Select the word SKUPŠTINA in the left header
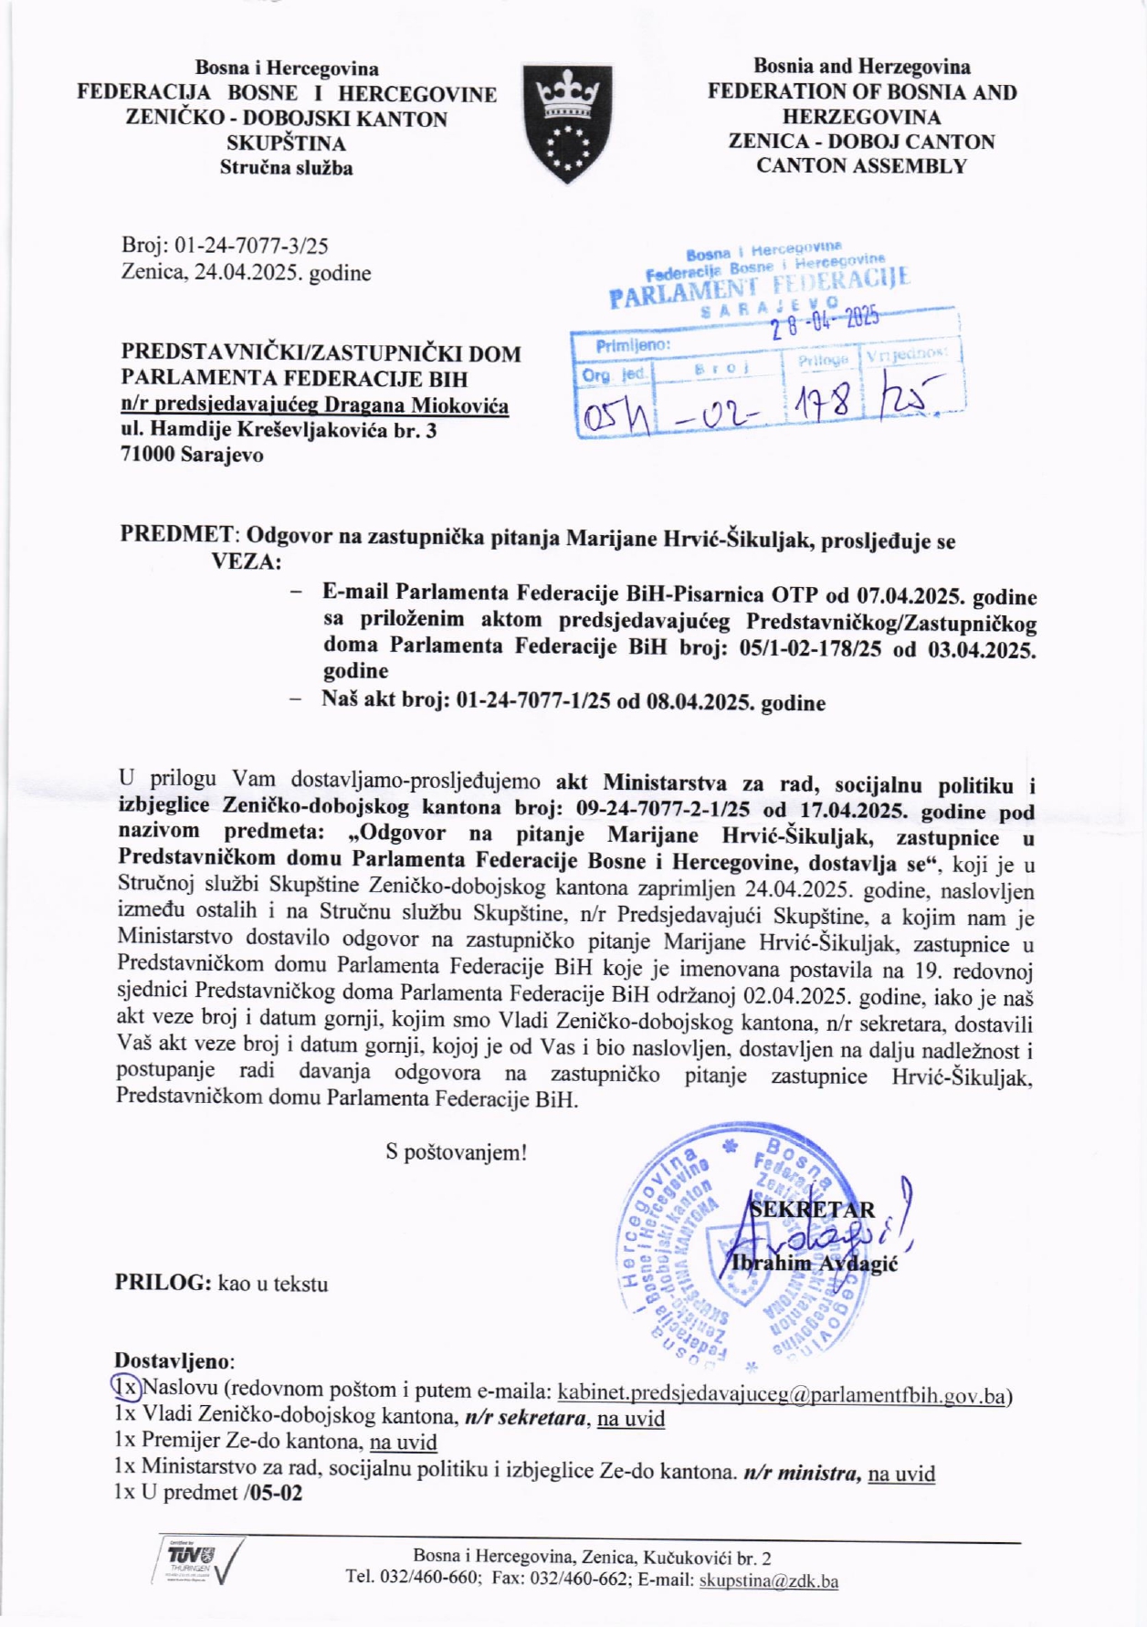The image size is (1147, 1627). point(287,143)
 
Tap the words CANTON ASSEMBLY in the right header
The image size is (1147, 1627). point(861,166)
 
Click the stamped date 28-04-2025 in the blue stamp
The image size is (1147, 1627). point(825,320)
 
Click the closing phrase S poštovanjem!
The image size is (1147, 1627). point(457,1152)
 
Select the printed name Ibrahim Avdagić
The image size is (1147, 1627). point(815,1264)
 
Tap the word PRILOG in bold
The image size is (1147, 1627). point(162,1283)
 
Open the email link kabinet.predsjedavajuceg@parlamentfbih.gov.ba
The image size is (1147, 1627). point(782,1394)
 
